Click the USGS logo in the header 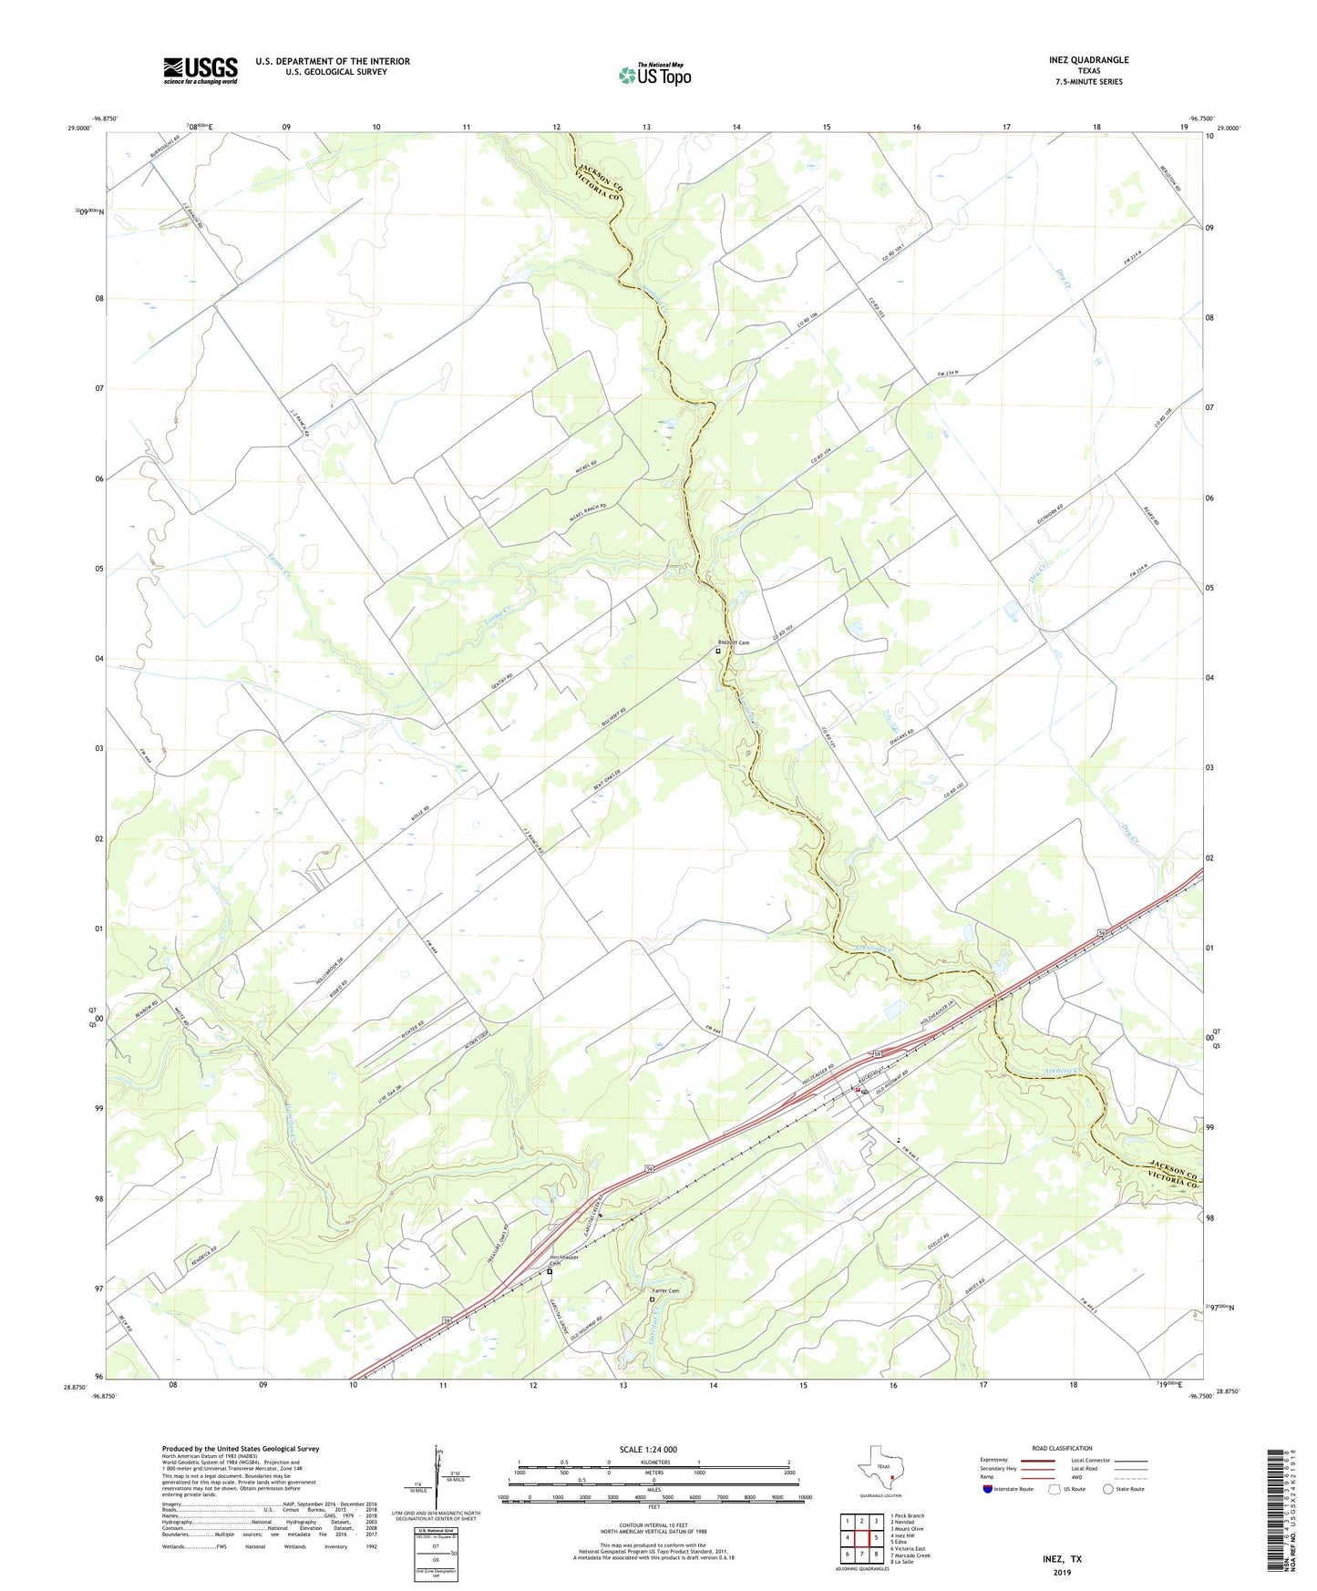coord(201,70)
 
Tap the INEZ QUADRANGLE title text coord(1088,60)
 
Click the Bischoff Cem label coord(734,642)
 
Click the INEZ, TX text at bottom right coord(1062,1559)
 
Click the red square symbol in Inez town coord(858,1089)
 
